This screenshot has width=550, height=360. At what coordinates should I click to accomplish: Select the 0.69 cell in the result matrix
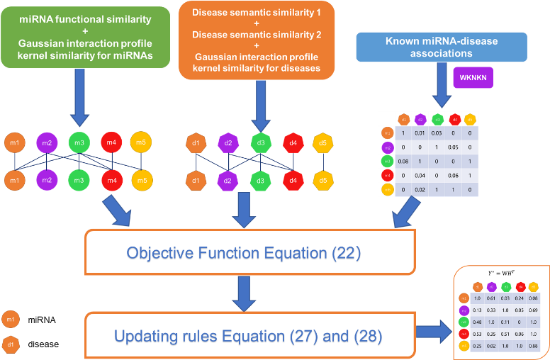click(533, 310)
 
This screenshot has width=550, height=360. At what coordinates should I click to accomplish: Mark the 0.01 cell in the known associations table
click(420, 133)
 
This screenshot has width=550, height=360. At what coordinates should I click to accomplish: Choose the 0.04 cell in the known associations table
click(420, 174)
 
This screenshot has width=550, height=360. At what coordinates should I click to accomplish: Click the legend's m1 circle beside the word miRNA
click(11, 320)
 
